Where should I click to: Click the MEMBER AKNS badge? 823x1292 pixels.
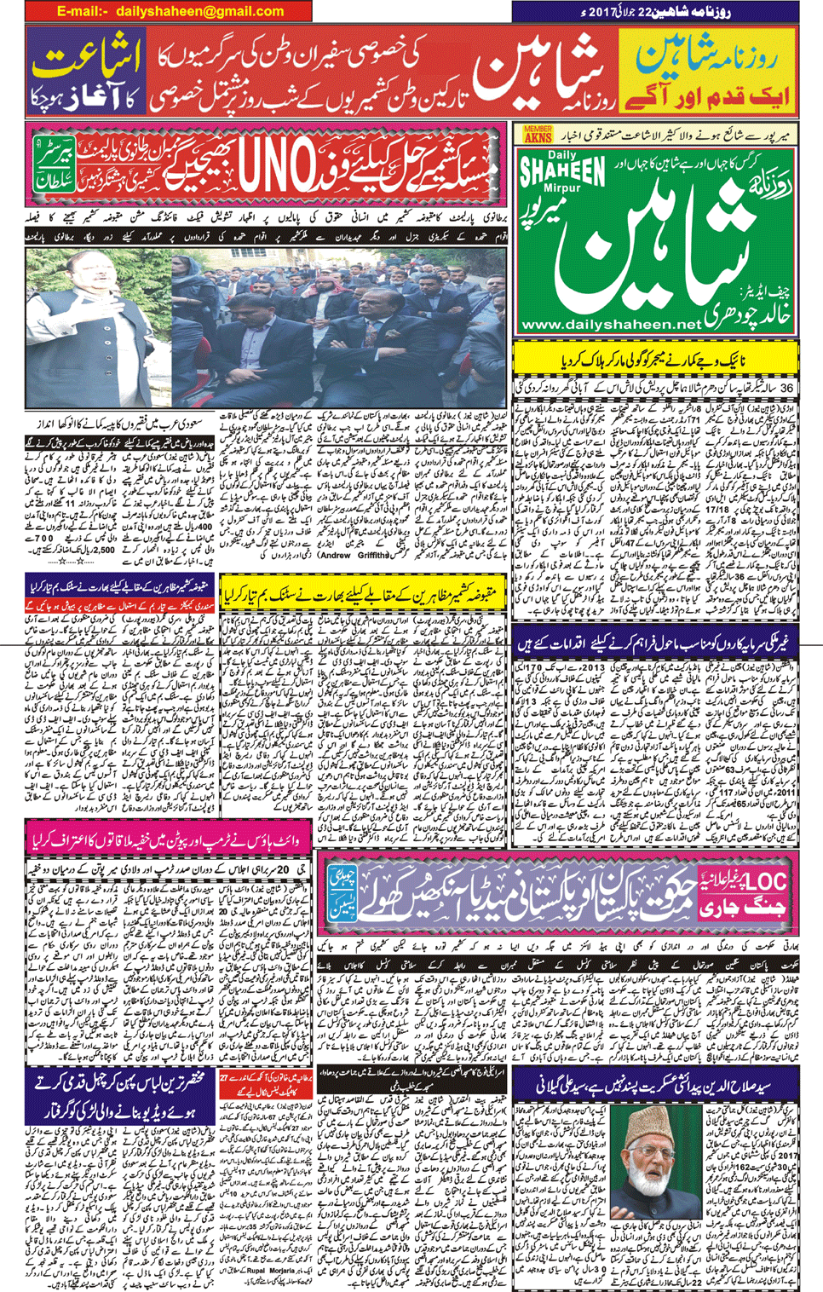538,133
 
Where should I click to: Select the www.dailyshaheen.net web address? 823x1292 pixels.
610,325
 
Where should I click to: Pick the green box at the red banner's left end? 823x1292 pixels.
55,164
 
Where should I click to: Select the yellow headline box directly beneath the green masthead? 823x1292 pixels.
656,359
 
